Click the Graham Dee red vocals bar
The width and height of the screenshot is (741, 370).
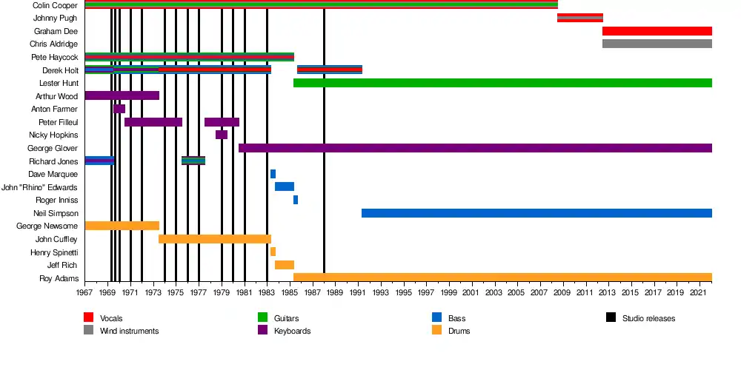(657, 31)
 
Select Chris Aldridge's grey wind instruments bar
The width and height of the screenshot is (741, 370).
(657, 44)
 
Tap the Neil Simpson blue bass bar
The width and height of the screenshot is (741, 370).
(536, 213)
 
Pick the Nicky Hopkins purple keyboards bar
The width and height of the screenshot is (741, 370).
(222, 135)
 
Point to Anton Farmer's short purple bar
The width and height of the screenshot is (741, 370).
(119, 109)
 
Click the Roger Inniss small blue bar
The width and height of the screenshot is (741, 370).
(296, 200)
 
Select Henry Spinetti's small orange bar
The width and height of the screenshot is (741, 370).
(273, 252)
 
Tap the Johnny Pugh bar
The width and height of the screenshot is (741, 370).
(579, 18)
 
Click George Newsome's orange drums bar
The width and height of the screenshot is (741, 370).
(122, 226)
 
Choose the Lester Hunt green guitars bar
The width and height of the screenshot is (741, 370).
(502, 83)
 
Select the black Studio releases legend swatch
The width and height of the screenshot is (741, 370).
(611, 318)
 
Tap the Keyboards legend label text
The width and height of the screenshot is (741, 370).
(292, 331)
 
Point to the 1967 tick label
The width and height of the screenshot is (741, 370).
(85, 293)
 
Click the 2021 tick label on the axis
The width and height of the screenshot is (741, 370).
(697, 293)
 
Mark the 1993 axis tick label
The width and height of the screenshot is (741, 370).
(381, 293)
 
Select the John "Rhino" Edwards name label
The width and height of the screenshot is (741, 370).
(39, 187)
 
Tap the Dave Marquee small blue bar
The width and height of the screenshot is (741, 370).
(273, 174)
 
